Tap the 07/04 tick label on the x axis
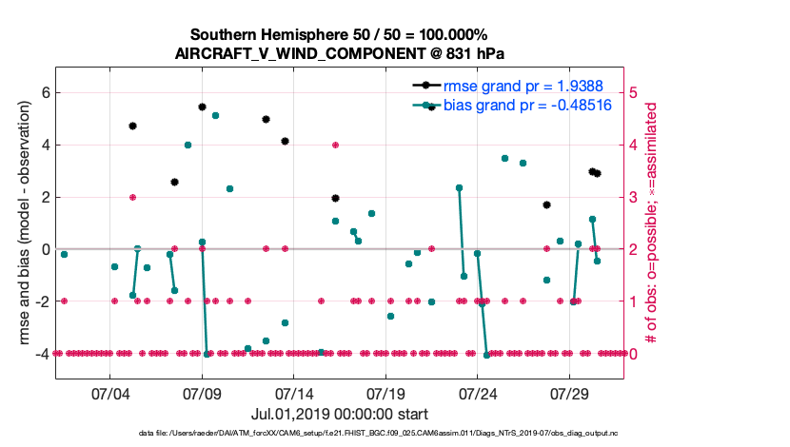tap(109, 393)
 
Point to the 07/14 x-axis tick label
tap(294, 393)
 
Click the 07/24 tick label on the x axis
tap(478, 393)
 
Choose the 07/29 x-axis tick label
tap(569, 393)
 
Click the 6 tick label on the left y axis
tap(45, 93)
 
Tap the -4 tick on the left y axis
tap(42, 353)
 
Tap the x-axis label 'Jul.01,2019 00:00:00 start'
tap(340, 414)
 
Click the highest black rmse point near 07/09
tap(202, 107)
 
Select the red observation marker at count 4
tap(336, 145)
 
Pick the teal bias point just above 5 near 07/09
tap(216, 115)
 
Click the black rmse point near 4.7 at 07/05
tap(133, 126)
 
